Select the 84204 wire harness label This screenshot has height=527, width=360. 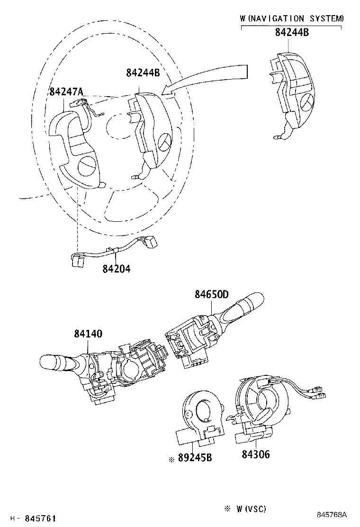tap(116, 269)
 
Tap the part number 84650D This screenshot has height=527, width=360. tap(212, 294)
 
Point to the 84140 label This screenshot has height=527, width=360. tap(88, 334)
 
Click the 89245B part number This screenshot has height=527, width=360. tap(195, 458)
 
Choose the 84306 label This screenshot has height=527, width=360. tap(256, 454)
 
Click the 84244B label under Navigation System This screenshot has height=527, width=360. tap(292, 32)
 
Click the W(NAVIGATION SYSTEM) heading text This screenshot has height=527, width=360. tap(292, 18)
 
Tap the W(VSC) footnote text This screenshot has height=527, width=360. tap(251, 509)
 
